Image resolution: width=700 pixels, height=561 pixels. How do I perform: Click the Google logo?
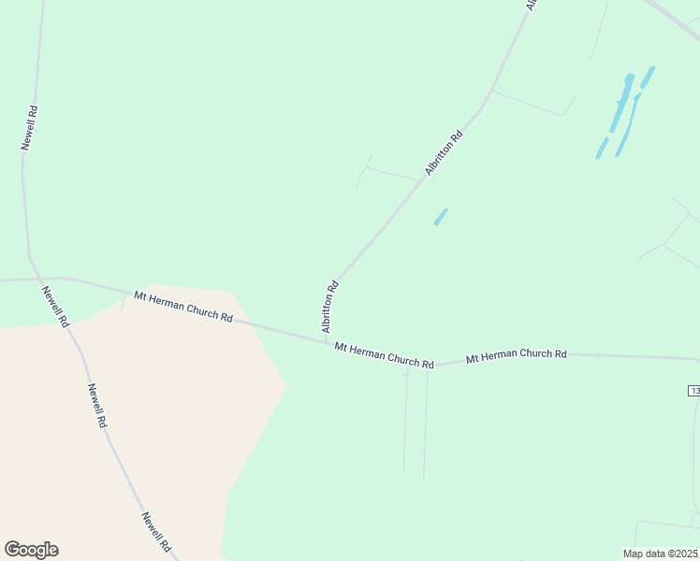pyautogui.click(x=31, y=550)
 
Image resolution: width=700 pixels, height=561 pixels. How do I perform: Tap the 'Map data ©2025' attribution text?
pyautogui.click(x=661, y=554)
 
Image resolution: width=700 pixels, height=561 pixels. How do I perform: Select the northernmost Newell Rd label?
pyautogui.click(x=31, y=127)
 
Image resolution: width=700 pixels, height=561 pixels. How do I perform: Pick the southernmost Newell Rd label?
pyautogui.click(x=156, y=531)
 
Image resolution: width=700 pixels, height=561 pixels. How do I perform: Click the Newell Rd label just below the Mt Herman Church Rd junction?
pyautogui.click(x=54, y=307)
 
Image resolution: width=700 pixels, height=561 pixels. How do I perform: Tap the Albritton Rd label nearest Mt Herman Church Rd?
pyautogui.click(x=329, y=306)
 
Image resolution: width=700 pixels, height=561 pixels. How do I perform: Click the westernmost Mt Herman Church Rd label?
pyautogui.click(x=182, y=306)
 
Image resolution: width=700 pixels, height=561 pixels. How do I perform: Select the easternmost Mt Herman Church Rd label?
pyautogui.click(x=516, y=355)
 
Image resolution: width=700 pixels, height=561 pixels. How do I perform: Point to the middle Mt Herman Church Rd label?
pyautogui.click(x=384, y=355)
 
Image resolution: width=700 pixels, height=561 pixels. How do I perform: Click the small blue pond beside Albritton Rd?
pyautogui.click(x=440, y=217)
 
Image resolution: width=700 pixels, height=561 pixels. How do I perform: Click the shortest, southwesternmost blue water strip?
pyautogui.click(x=602, y=148)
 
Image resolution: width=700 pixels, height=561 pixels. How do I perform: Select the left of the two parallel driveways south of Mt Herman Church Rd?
pyautogui.click(x=406, y=421)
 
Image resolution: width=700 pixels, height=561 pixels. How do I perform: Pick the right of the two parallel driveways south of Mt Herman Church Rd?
pyautogui.click(x=426, y=421)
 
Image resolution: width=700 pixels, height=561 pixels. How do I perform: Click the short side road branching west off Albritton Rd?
pyautogui.click(x=388, y=172)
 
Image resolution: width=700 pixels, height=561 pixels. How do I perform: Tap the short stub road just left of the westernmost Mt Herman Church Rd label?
pyautogui.click(x=124, y=301)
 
